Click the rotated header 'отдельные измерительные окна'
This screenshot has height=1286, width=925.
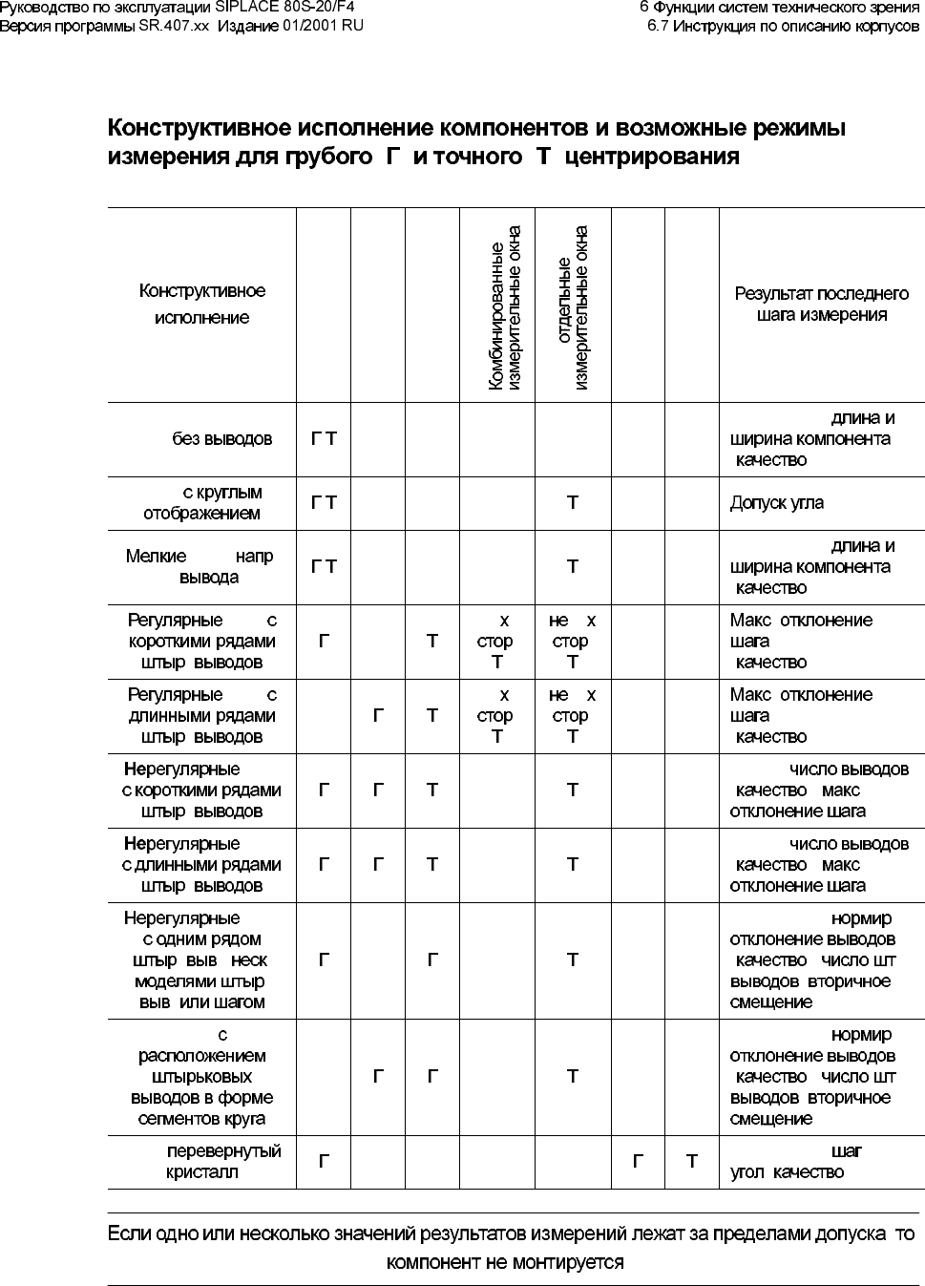point(573,308)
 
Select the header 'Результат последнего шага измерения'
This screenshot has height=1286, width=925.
point(821,305)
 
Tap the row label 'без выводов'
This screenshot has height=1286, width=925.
point(221,439)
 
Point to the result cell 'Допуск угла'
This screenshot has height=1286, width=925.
point(777,503)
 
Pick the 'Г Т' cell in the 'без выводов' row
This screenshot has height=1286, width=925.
point(324,439)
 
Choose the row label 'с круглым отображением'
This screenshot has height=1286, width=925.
point(202,503)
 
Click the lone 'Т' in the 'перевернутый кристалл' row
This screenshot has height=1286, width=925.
point(692,1162)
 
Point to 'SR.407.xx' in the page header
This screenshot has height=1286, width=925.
point(174,26)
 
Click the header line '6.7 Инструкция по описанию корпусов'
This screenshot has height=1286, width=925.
point(783,26)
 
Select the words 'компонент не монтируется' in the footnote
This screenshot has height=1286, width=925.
point(505,1262)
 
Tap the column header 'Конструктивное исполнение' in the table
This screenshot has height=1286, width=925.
point(202,305)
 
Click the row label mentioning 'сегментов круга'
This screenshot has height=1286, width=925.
point(202,1077)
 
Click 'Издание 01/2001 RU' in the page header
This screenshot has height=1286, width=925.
point(290,26)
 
